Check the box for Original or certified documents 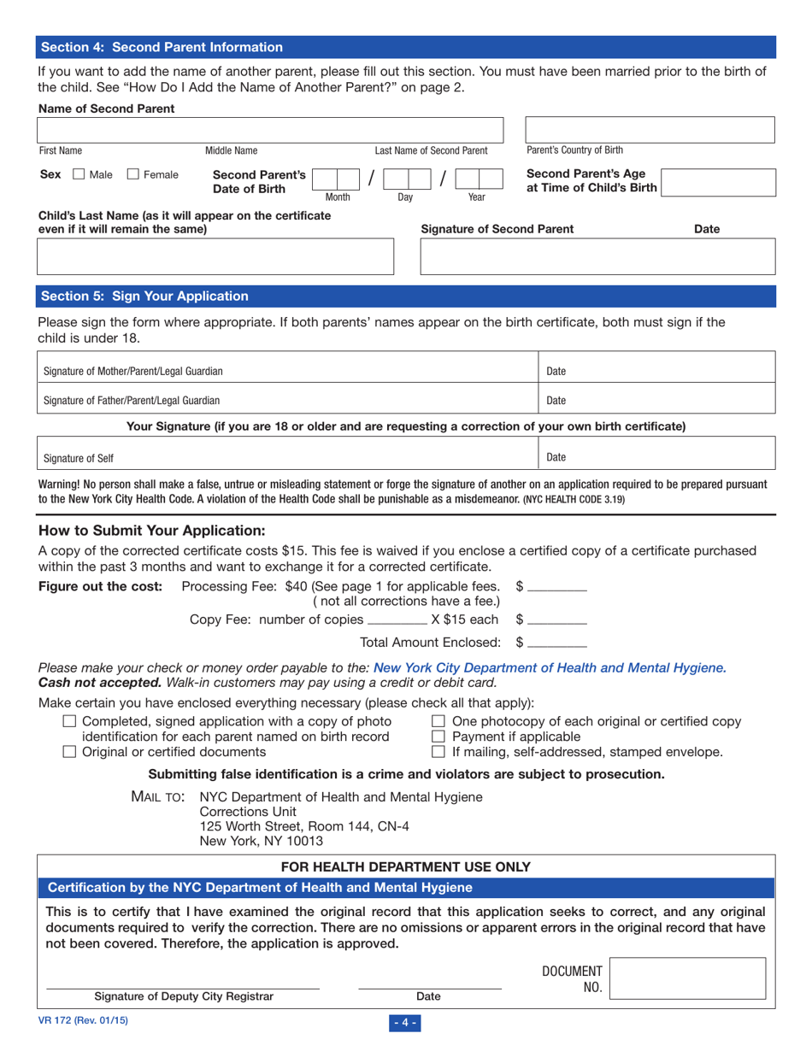(x=71, y=752)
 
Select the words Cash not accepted (x=92, y=683)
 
